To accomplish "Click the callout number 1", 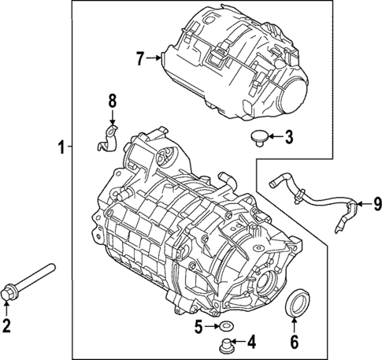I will click(x=60, y=147).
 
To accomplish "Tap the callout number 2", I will click(x=8, y=326).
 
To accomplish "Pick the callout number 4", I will click(x=252, y=342).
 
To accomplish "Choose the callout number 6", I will click(x=295, y=342).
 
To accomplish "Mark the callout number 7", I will click(x=140, y=58).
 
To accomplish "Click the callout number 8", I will click(x=111, y=101).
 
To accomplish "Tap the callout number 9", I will click(x=376, y=204).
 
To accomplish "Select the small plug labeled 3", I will click(x=258, y=140).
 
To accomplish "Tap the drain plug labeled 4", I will click(x=227, y=344).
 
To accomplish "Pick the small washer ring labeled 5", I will click(x=224, y=326).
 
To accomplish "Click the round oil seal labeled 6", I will click(x=299, y=304).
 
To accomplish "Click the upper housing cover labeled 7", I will click(x=236, y=59).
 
